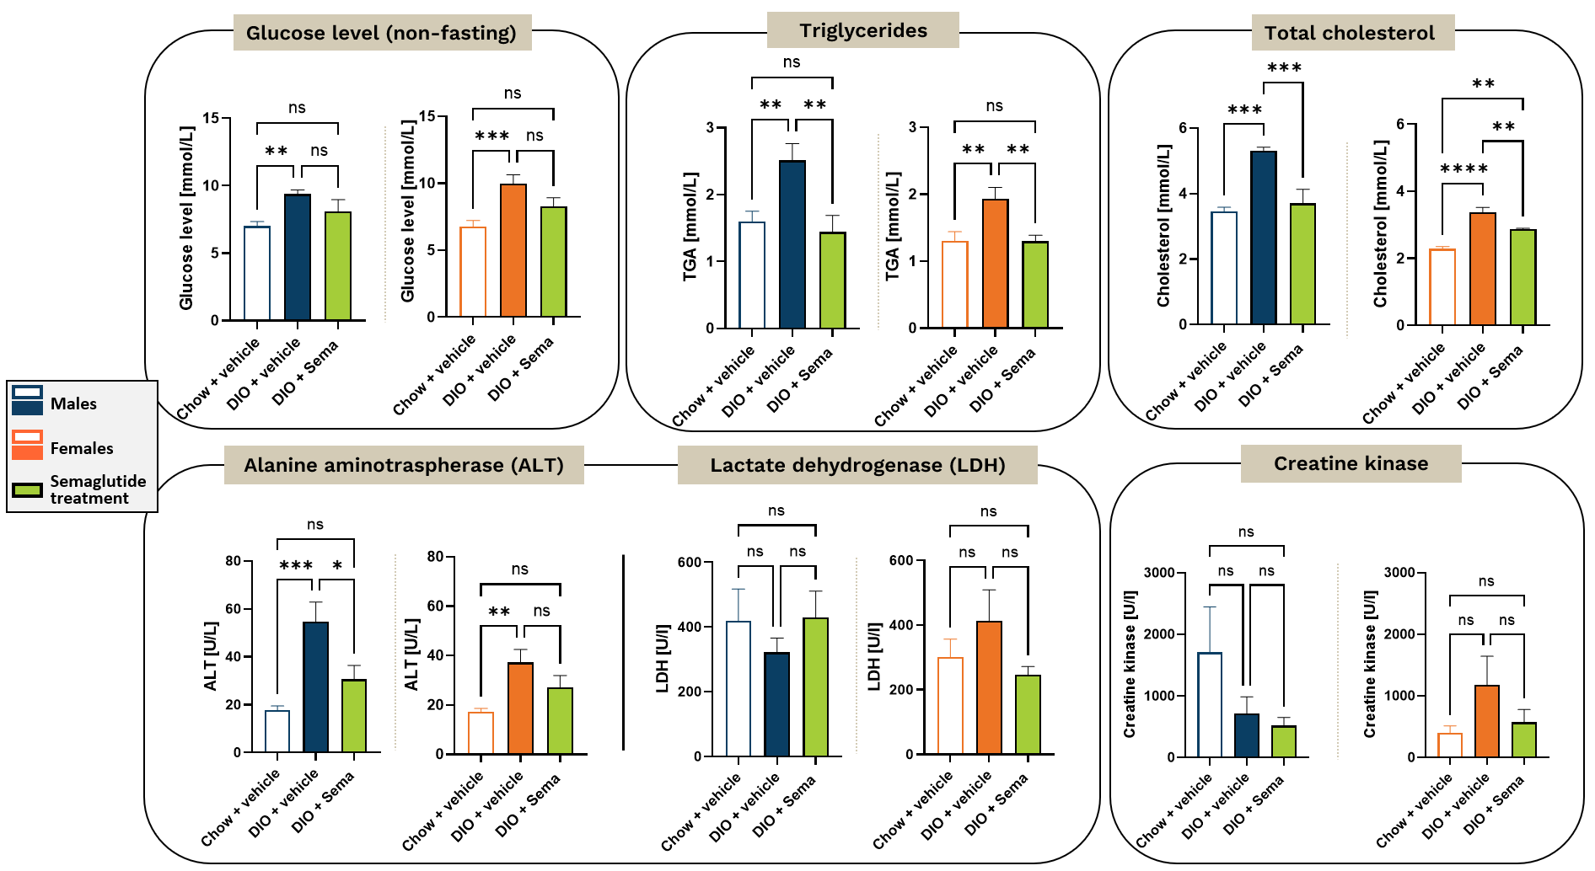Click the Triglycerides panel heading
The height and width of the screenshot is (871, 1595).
(x=862, y=31)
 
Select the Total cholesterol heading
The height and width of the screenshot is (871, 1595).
(x=1349, y=33)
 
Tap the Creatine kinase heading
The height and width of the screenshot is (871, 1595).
(x=1351, y=463)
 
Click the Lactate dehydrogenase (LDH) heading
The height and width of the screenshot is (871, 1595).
(x=857, y=465)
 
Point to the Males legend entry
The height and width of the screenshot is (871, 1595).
(x=73, y=403)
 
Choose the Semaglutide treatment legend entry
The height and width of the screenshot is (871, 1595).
(x=97, y=489)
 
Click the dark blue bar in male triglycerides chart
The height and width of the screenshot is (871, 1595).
(x=792, y=244)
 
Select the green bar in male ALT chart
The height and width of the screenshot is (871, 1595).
(x=354, y=716)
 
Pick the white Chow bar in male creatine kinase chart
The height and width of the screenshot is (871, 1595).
(x=1210, y=704)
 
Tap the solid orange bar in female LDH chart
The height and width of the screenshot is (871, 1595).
(x=989, y=687)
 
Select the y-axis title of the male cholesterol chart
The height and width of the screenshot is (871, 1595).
(x=1163, y=226)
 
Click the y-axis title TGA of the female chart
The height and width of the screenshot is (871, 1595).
(x=892, y=226)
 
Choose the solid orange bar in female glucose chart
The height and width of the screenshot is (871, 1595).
(x=513, y=250)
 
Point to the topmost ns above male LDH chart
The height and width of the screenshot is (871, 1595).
(x=776, y=510)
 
